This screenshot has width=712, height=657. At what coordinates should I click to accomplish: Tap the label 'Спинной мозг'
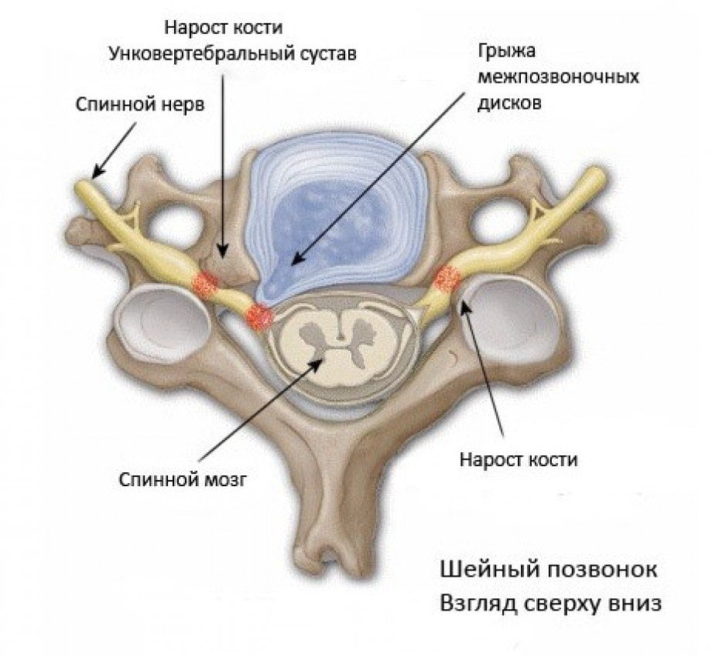click(x=183, y=479)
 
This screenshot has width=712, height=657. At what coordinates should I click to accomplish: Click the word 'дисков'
click(x=506, y=102)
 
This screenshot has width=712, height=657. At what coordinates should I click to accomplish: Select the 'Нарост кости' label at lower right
click(x=519, y=460)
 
